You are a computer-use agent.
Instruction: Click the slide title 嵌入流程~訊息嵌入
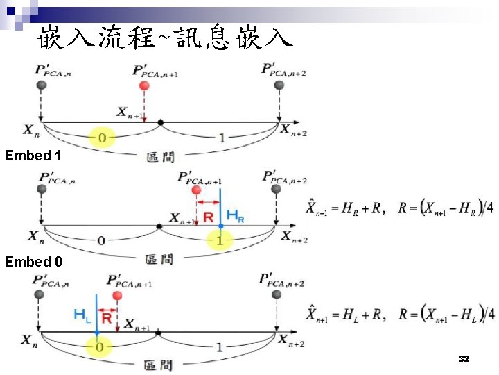tap(165, 36)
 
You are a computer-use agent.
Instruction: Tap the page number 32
tap(464, 359)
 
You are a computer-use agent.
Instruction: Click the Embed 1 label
tap(33, 156)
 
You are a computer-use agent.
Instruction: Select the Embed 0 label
tap(33, 262)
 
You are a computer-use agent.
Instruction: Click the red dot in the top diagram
tap(143, 85)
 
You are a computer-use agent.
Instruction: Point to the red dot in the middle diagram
tap(196, 190)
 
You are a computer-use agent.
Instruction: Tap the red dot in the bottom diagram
tap(117, 296)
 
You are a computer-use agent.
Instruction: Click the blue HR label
tap(236, 216)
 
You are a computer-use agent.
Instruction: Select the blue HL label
tap(82, 315)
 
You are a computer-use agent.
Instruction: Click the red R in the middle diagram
tap(209, 217)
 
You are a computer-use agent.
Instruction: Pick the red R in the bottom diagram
tap(107, 319)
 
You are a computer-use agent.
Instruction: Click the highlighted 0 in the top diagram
tap(102, 138)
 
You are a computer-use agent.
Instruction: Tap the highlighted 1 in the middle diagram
tap(220, 240)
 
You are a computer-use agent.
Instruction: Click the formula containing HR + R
tap(400, 208)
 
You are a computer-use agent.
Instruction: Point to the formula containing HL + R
tap(400, 314)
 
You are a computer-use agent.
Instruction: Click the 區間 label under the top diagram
tap(161, 157)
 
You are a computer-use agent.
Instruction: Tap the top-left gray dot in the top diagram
tap(42, 85)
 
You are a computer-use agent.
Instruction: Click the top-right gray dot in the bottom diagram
tap(279, 296)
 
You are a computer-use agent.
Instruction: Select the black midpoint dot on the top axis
tap(160, 123)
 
